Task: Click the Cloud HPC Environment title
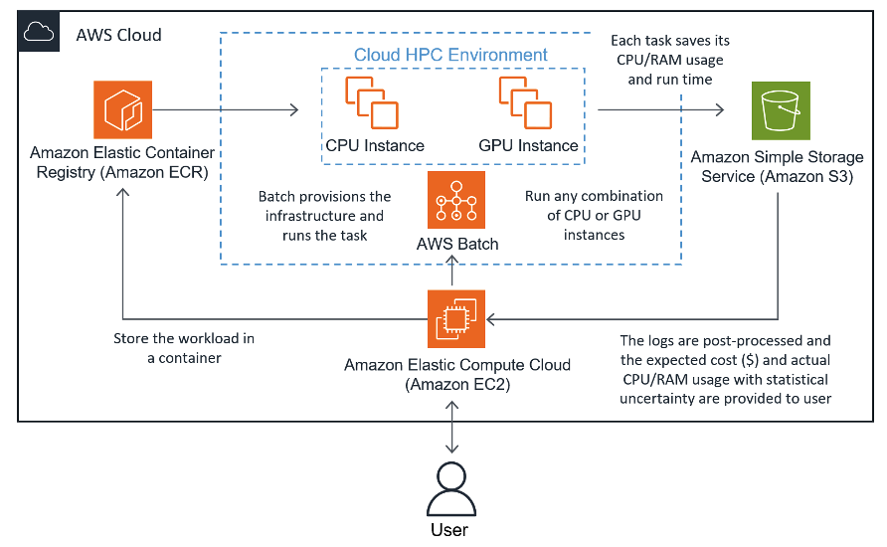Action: pos(451,56)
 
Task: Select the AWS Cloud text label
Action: pos(118,35)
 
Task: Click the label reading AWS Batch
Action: pos(457,244)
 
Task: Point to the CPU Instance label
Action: pos(375,145)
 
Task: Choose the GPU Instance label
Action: pos(528,145)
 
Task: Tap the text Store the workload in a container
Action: pos(184,348)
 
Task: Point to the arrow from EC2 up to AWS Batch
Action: pos(454,272)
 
